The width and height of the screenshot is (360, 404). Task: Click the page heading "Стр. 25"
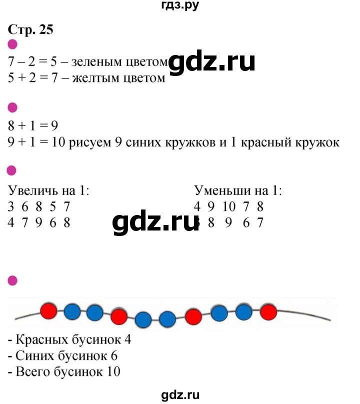click(x=30, y=29)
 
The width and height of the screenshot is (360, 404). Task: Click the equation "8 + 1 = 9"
click(x=33, y=126)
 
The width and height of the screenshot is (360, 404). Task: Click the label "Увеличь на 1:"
click(x=48, y=190)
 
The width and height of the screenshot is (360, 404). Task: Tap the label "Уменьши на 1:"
click(x=238, y=190)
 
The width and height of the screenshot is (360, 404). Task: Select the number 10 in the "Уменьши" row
click(x=229, y=207)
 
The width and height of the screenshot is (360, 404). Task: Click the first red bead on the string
click(x=48, y=311)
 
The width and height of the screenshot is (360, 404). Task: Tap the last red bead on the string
click(x=268, y=312)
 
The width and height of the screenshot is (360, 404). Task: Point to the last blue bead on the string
click(x=244, y=312)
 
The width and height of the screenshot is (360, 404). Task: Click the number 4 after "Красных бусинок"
click(x=128, y=340)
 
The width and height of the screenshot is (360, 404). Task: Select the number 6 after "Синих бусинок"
click(x=114, y=356)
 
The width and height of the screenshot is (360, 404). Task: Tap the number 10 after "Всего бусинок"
click(x=113, y=372)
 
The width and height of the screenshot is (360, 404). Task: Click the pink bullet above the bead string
click(x=12, y=280)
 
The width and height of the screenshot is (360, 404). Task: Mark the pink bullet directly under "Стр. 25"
click(x=12, y=44)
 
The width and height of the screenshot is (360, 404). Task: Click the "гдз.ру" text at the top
click(x=180, y=5)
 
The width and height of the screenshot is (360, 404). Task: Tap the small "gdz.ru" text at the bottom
click(x=180, y=394)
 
